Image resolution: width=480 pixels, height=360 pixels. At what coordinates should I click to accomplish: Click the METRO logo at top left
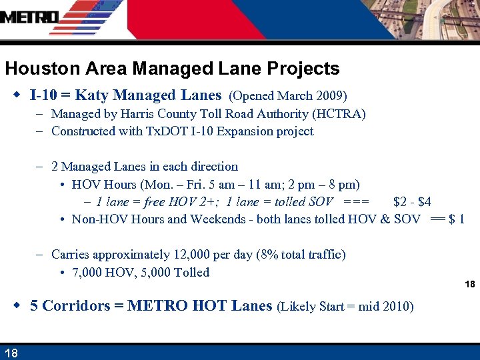29,17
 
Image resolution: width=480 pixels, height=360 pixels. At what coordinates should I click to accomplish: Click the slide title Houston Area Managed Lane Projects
172,69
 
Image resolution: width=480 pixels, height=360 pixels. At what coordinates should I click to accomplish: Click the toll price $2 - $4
412,201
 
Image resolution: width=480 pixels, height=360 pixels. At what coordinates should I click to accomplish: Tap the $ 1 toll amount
457,219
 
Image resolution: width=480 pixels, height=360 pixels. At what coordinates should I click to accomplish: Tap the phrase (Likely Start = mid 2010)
345,307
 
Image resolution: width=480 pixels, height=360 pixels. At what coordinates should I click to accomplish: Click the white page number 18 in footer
11,353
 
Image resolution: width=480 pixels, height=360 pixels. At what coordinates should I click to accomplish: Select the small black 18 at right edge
469,285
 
